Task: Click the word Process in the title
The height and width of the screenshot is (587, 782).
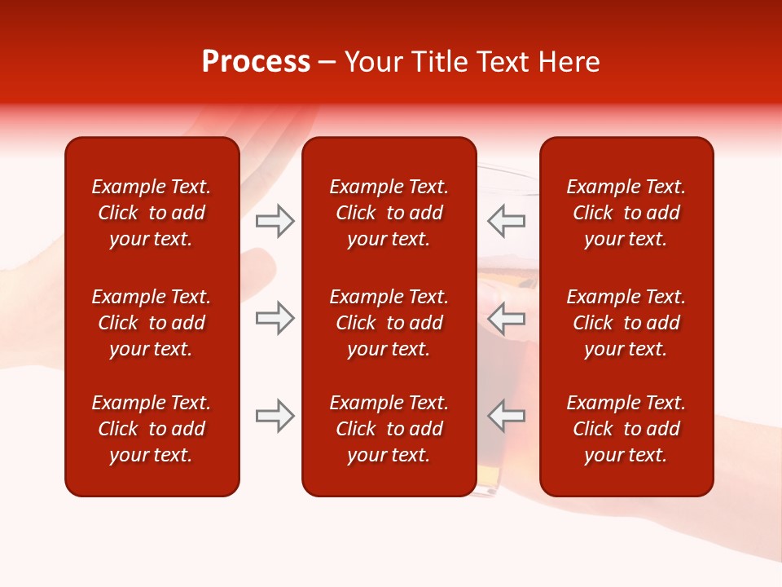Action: coord(256,62)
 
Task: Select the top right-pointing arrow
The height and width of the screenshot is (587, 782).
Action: coord(275,221)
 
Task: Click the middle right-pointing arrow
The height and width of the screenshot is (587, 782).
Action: coord(275,318)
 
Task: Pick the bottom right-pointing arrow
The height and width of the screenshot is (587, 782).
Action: coord(275,416)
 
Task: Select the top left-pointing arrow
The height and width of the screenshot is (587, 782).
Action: coord(506,221)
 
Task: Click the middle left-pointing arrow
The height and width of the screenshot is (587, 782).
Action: coord(506,318)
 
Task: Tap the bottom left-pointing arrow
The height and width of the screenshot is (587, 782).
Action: coord(506,416)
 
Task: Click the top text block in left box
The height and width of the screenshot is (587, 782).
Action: coord(152,213)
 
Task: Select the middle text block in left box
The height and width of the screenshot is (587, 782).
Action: coord(152,323)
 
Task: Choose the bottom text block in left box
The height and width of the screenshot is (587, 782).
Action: coord(152,429)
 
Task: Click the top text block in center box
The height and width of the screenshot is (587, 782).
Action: coord(389,213)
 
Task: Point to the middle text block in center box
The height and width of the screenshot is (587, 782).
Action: coord(389,323)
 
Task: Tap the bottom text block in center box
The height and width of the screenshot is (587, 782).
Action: coord(389,429)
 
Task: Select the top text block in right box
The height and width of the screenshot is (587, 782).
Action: coord(626,213)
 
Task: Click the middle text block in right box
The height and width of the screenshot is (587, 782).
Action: coord(626,323)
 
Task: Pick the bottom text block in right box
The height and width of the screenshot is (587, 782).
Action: coord(626,429)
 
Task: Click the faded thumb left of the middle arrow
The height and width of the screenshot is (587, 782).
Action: coord(259,269)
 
